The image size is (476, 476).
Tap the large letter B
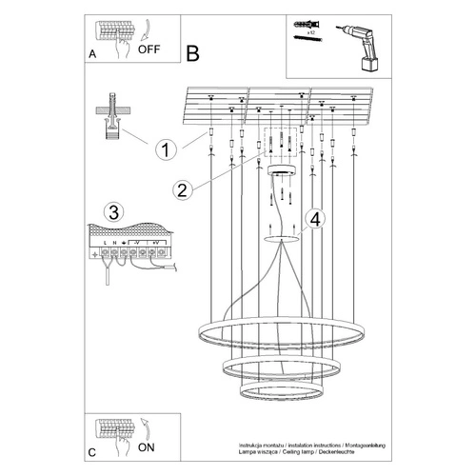(193, 54)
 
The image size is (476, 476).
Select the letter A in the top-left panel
(92, 55)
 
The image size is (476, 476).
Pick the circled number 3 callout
(111, 211)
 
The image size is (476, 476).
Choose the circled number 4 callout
(316, 217)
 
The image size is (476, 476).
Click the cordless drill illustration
(358, 47)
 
